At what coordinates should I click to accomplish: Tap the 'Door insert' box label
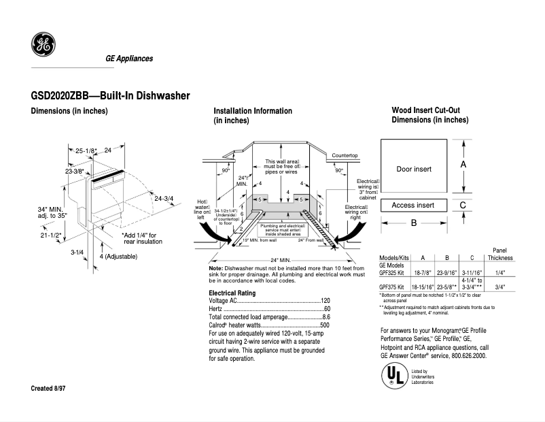(x=414, y=169)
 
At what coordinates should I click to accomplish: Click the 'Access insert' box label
(x=412, y=205)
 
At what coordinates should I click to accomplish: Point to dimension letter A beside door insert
(x=463, y=165)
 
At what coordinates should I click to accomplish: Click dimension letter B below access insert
(x=413, y=223)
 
